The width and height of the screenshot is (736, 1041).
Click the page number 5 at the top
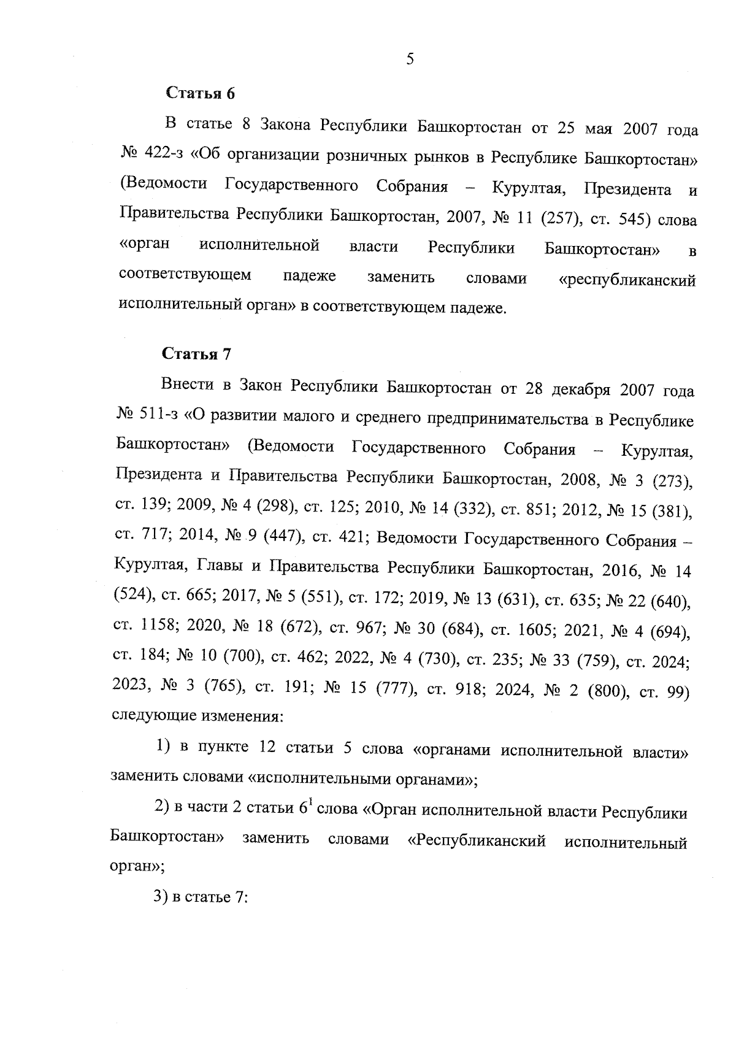(410, 59)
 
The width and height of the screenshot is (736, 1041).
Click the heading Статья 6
(201, 94)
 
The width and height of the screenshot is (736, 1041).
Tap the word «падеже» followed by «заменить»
(310, 277)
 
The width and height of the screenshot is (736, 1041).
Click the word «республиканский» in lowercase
(628, 280)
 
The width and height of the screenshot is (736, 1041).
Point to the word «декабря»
(581, 390)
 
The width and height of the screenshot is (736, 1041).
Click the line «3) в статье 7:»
(200, 896)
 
